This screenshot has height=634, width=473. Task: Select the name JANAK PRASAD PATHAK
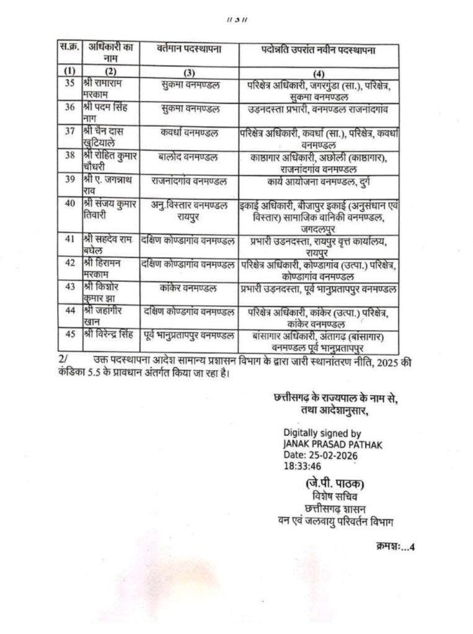pos(332,445)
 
